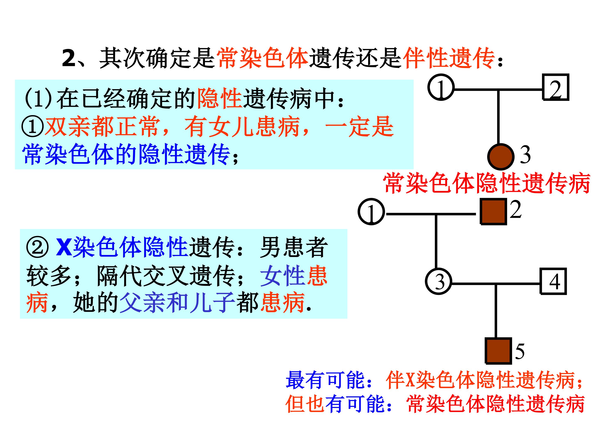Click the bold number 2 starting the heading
tap(69, 58)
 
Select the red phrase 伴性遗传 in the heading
tap(449, 58)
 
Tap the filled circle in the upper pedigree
tap(500, 157)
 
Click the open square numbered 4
tap(553, 281)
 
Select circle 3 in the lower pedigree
tap(439, 281)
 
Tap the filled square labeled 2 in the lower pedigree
tap(493, 211)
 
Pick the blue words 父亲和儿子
tap(176, 303)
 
